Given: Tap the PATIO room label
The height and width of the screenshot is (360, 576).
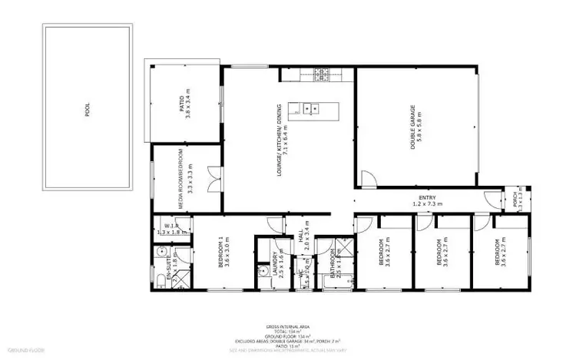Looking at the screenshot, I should (x=184, y=105).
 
